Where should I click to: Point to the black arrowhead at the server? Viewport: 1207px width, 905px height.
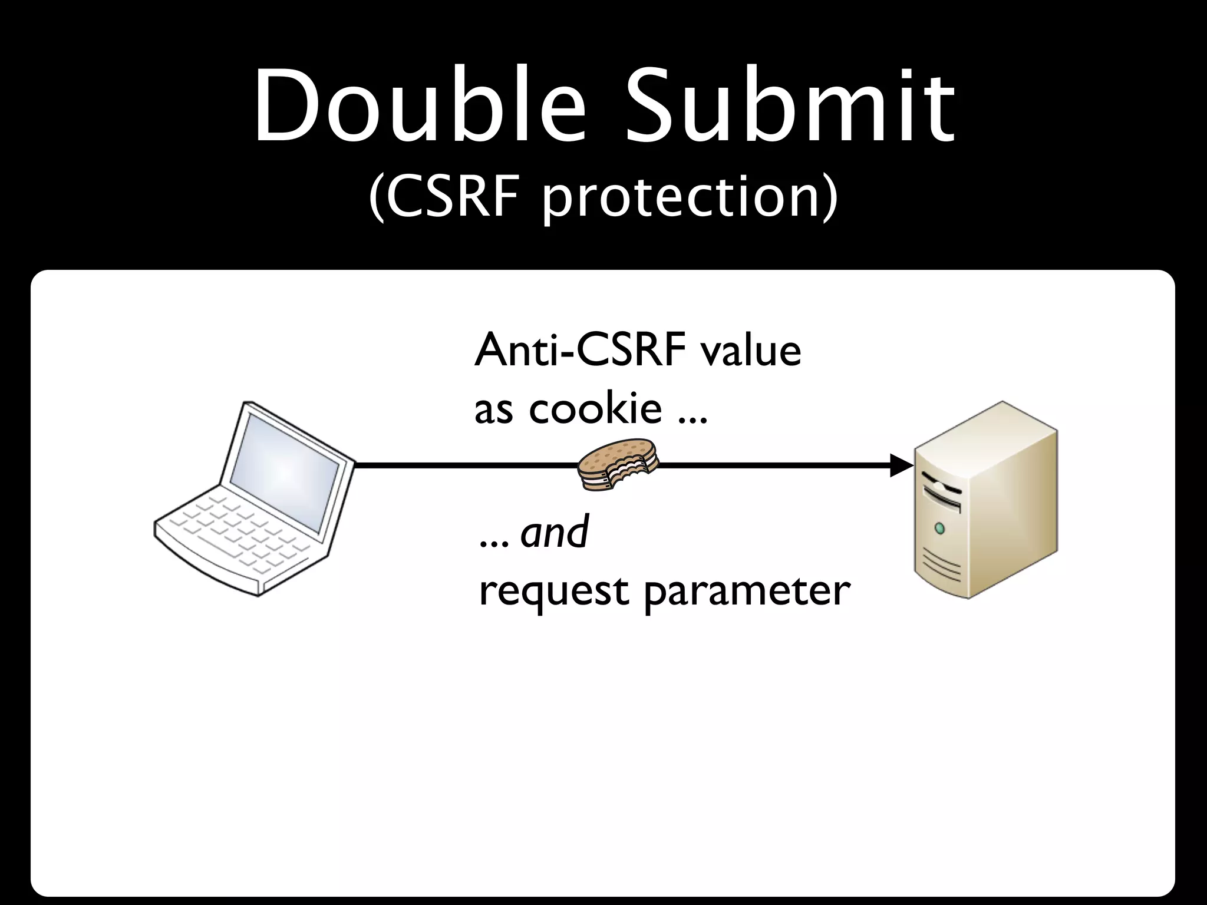coord(901,465)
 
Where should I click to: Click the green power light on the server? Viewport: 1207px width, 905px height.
coord(939,526)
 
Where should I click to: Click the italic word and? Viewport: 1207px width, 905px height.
coord(555,531)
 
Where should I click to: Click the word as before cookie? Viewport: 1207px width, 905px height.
coord(493,409)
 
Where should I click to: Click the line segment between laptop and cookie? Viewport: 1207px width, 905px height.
coord(466,465)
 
